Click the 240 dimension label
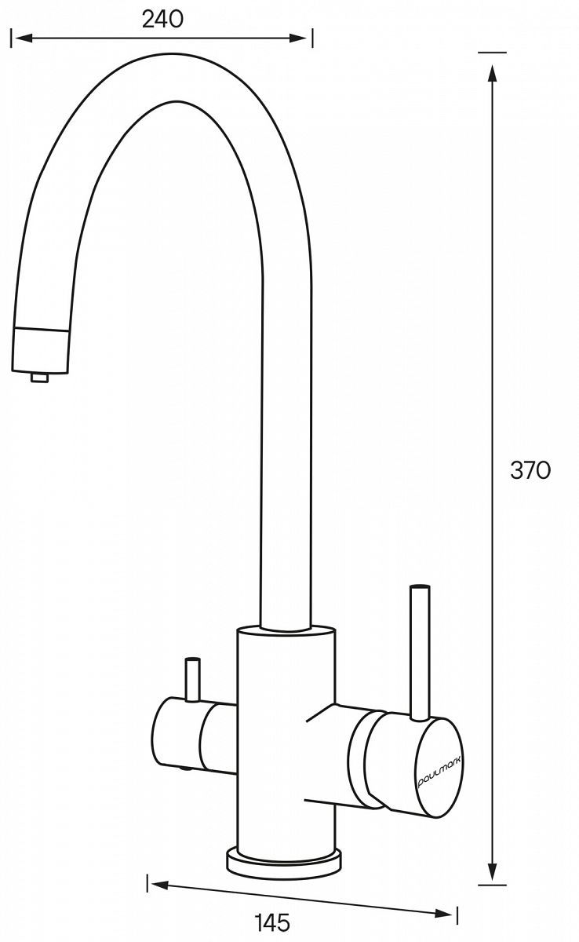[x=162, y=19]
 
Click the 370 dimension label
[x=530, y=469]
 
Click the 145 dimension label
[x=272, y=922]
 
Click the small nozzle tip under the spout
[x=39, y=377]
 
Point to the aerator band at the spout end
[x=40, y=349]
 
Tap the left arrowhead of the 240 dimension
[x=24, y=38]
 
